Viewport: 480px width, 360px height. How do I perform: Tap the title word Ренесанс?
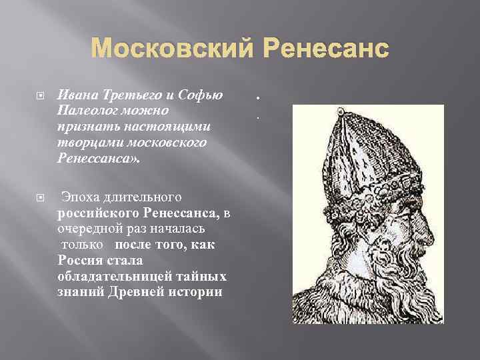[319, 50]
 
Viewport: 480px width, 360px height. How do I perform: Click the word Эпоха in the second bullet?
[80, 197]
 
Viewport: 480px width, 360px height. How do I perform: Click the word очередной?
[87, 229]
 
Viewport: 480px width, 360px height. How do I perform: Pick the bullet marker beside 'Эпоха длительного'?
[40, 198]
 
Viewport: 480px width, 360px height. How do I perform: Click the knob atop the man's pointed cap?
[340, 109]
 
